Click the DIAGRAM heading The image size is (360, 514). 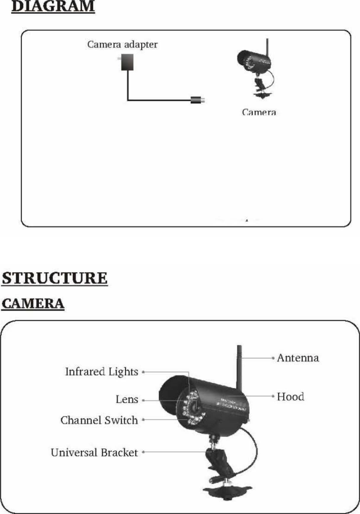pyautogui.click(x=53, y=7)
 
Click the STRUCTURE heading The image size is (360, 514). pyautogui.click(x=54, y=278)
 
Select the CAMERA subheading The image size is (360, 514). pyautogui.click(x=33, y=304)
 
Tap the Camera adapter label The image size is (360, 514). pyautogui.click(x=122, y=44)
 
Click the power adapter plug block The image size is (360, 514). pyautogui.click(x=127, y=62)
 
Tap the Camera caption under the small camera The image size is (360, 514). pyautogui.click(x=259, y=112)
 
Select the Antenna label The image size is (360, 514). pyautogui.click(x=298, y=358)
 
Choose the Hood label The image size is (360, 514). pyautogui.click(x=290, y=396)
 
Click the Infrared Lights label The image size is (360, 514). pyautogui.click(x=102, y=372)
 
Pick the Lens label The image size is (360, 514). pyautogui.click(x=127, y=399)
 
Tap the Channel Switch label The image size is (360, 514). pyautogui.click(x=99, y=420)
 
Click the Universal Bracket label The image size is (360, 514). pyautogui.click(x=94, y=452)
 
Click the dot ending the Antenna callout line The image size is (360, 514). pyautogui.click(x=273, y=358)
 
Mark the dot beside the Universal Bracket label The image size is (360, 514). pyautogui.click(x=143, y=452)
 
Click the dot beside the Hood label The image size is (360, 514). pyautogui.click(x=273, y=396)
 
